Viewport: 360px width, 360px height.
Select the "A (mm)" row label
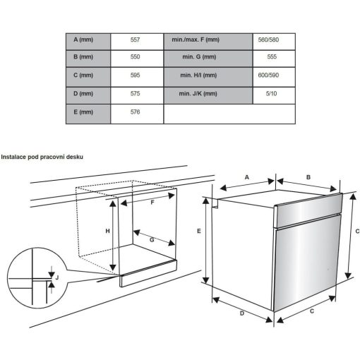pos(88,40)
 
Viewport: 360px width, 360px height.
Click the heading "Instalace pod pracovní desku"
pos(42,157)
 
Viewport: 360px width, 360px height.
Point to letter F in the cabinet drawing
pos(152,202)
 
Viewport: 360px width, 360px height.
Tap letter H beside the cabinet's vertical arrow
pos(108,232)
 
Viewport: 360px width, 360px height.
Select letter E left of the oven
pos(200,231)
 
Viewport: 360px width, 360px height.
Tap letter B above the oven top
pos(308,177)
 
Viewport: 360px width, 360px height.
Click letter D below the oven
pos(241,313)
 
